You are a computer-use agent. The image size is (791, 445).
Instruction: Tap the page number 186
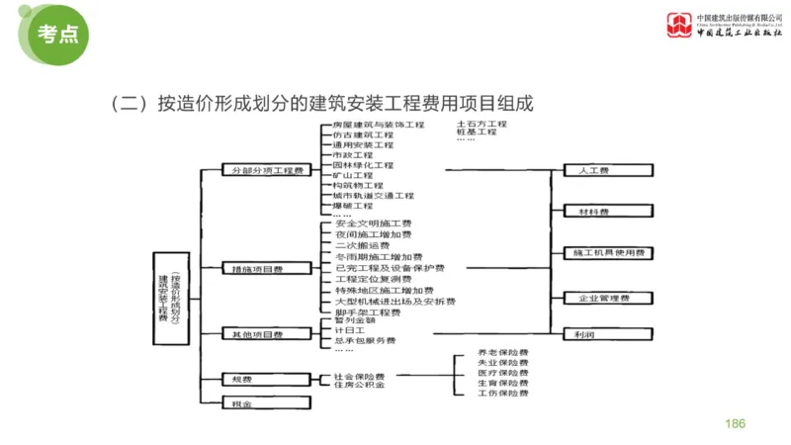pos(735,423)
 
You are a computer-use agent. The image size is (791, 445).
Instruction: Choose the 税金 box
pos(242,404)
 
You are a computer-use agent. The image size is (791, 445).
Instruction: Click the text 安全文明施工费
pos(368,224)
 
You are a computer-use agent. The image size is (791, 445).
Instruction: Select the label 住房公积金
pos(357,387)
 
